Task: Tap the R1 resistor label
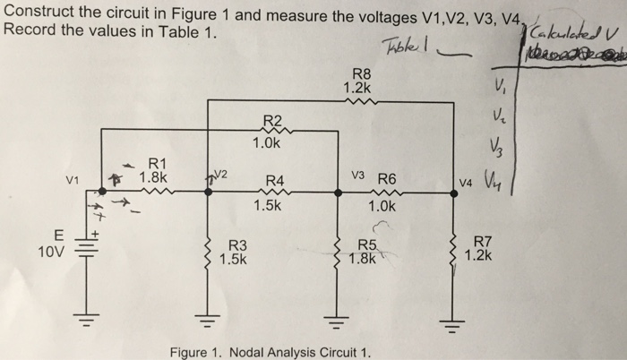tap(158, 163)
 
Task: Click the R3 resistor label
tap(239, 244)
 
